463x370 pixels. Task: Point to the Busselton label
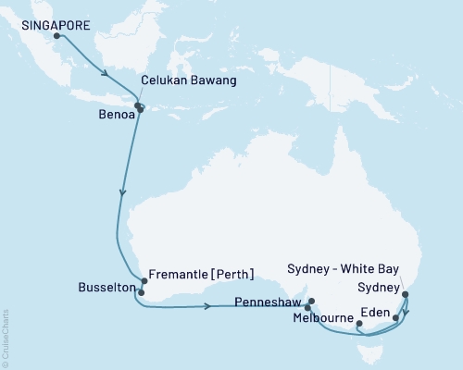pos(104,288)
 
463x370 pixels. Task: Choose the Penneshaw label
pos(271,302)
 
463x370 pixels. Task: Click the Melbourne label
pos(321,318)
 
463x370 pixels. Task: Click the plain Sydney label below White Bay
pos(378,287)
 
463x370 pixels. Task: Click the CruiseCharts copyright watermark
pos(6,338)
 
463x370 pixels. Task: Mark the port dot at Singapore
pos(57,37)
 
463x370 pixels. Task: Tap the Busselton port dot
pos(140,292)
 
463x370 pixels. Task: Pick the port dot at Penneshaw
pos(312,301)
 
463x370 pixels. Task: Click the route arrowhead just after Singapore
pos(106,73)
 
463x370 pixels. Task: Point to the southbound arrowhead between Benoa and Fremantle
pos(122,193)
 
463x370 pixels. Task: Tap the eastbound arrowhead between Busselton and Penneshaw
pos(206,305)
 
